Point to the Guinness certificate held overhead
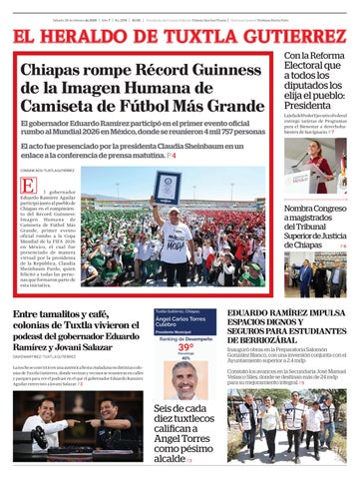pos(166,187)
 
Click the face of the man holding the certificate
pos(171,215)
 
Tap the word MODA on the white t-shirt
pos(175,242)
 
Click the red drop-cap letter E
pos(28,187)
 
